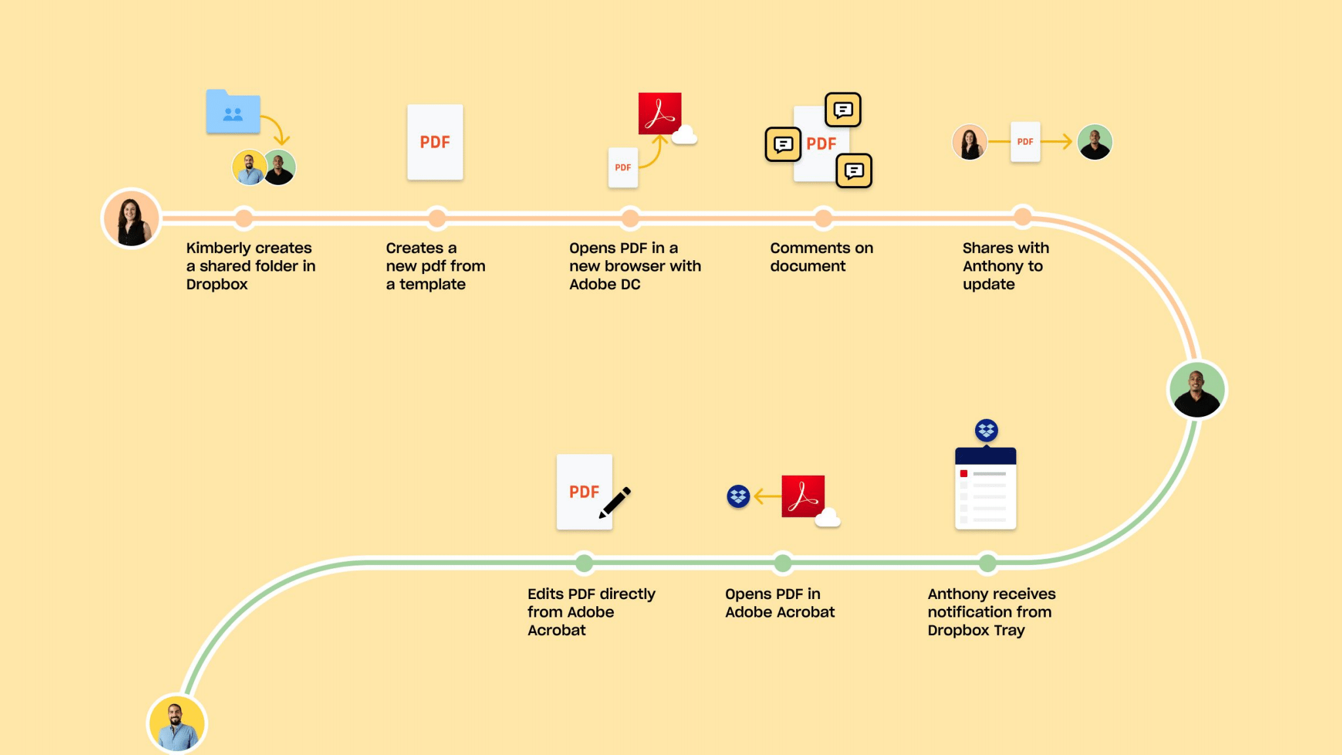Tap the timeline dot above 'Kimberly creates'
pyautogui.click(x=244, y=218)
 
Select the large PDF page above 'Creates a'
pyautogui.click(x=435, y=142)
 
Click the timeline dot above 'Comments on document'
pyautogui.click(x=823, y=218)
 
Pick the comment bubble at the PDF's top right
pyautogui.click(x=843, y=109)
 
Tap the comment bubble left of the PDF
pyautogui.click(x=783, y=144)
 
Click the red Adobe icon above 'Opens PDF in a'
pyautogui.click(x=660, y=113)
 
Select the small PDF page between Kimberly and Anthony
pyautogui.click(x=1025, y=142)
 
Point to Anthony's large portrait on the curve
pyautogui.click(x=1197, y=390)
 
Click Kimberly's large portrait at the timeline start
pyautogui.click(x=131, y=218)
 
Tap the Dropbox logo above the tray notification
pyautogui.click(x=986, y=430)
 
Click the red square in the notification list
pyautogui.click(x=964, y=473)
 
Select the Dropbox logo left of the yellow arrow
pyautogui.click(x=738, y=496)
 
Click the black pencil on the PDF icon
pyautogui.click(x=615, y=502)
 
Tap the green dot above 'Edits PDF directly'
pyautogui.click(x=584, y=562)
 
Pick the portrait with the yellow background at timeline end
pyautogui.click(x=176, y=724)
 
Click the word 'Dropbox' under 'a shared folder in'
pyautogui.click(x=217, y=284)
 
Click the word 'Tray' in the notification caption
pyautogui.click(x=1009, y=630)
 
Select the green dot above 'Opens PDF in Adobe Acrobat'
pyautogui.click(x=782, y=562)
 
